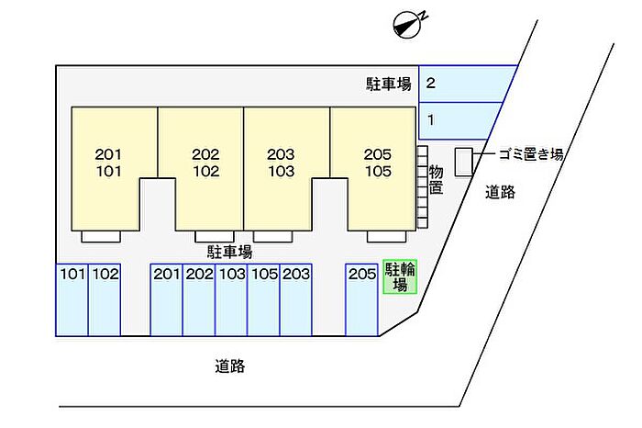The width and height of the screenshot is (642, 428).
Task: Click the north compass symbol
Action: click(404, 25)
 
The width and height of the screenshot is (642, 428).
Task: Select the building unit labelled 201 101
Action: click(108, 163)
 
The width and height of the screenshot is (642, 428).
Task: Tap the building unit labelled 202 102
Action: click(205, 163)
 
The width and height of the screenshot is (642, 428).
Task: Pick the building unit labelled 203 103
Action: click(281, 163)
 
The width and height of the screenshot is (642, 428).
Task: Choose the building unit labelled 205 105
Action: click(377, 163)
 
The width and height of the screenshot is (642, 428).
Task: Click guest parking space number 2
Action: click(463, 84)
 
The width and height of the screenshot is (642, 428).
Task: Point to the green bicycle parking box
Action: click(399, 276)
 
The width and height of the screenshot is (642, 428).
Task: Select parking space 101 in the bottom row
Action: click(72, 300)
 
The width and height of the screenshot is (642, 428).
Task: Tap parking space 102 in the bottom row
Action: click(105, 300)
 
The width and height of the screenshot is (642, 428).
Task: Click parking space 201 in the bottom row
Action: click(167, 300)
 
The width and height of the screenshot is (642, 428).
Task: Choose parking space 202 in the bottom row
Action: click(199, 300)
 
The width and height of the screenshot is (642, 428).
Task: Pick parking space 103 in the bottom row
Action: click(231, 300)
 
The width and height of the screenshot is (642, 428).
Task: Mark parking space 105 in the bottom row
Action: click(264, 300)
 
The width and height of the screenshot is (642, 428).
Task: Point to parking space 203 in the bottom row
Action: click(296, 300)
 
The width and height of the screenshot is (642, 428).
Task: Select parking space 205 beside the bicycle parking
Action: click(362, 300)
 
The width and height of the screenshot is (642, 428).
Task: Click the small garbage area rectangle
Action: click(463, 161)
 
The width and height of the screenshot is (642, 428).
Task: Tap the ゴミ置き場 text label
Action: click(530, 154)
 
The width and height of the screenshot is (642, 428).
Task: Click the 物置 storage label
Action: click(436, 179)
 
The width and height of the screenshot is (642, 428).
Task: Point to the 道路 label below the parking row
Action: click(230, 366)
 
